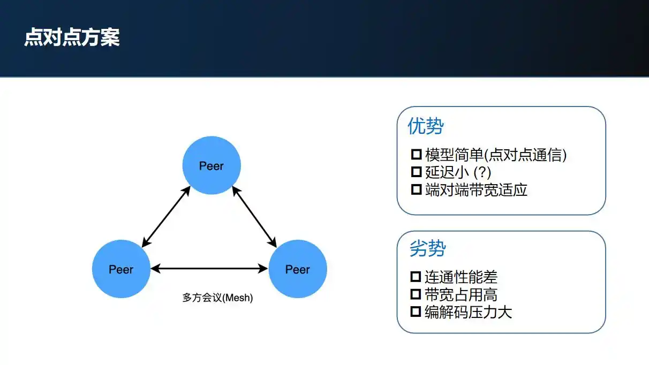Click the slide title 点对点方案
(x=72, y=38)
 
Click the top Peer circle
(x=212, y=165)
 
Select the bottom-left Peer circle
(x=121, y=269)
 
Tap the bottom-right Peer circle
(x=297, y=269)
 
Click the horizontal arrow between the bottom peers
(x=209, y=269)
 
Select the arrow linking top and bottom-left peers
(x=167, y=217)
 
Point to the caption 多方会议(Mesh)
(x=217, y=298)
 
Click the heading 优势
(x=426, y=126)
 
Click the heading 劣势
(x=427, y=248)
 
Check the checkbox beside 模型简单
(x=416, y=155)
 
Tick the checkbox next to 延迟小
(x=416, y=172)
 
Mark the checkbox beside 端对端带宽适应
(x=416, y=189)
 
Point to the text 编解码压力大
(x=469, y=312)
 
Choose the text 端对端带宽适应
(x=476, y=190)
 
